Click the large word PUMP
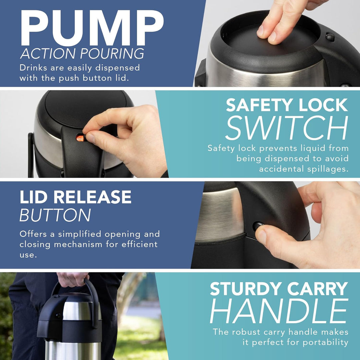(92, 28)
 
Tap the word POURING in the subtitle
(112, 54)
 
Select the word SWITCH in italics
(287, 128)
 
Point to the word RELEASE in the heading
(92, 197)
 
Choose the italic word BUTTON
(55, 215)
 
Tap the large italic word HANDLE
(279, 311)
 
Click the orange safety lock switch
(80, 138)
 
